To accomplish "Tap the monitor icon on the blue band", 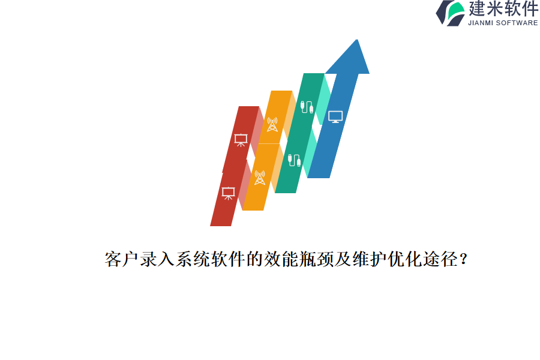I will click(335, 116).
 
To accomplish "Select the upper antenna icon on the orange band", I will click(272, 124).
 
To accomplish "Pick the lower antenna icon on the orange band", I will click(260, 178).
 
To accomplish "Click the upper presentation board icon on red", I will click(241, 140).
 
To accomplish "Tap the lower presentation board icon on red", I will click(228, 193).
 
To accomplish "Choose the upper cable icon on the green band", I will click(307, 107).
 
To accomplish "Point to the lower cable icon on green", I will click(294, 160).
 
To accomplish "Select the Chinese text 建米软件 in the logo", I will click(503, 9).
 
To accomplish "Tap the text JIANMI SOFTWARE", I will click(503, 23).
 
